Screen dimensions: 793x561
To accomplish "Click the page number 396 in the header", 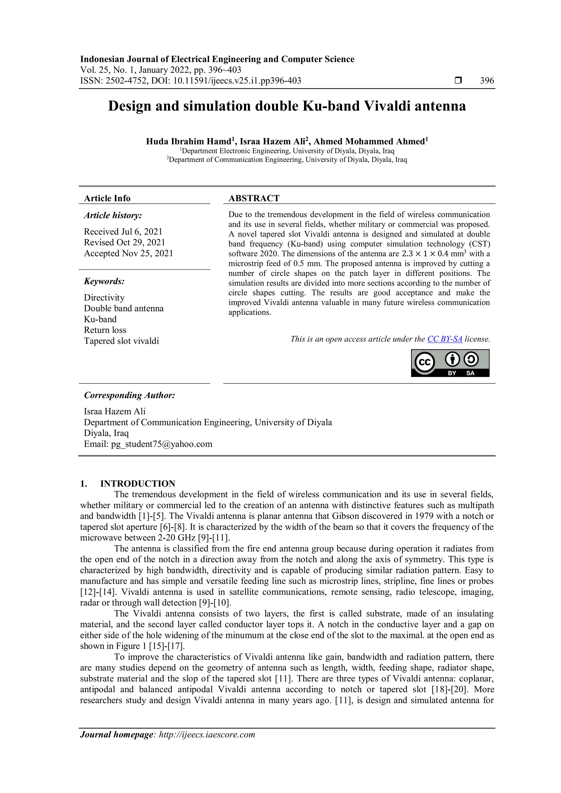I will coord(487,81).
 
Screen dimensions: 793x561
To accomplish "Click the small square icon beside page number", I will coord(458,81).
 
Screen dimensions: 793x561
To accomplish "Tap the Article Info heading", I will coord(107,198).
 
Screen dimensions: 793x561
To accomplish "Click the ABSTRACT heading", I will coord(254,198).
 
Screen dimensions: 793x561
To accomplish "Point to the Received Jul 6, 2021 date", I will coord(123,231).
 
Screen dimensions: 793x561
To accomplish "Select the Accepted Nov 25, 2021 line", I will coord(128,253).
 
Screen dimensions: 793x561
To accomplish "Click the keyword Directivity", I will coord(104,298).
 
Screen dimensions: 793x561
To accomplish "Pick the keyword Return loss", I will coord(105,330).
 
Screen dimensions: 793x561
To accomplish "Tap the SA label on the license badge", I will coord(470,373).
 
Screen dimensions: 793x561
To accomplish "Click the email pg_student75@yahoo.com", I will coord(161,444).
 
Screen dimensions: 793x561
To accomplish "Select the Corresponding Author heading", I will coord(130,395).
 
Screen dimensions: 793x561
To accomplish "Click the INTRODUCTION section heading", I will coord(138,484).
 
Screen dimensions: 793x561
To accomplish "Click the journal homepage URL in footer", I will coord(207,735).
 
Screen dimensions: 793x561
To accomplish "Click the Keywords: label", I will coord(104,281).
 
